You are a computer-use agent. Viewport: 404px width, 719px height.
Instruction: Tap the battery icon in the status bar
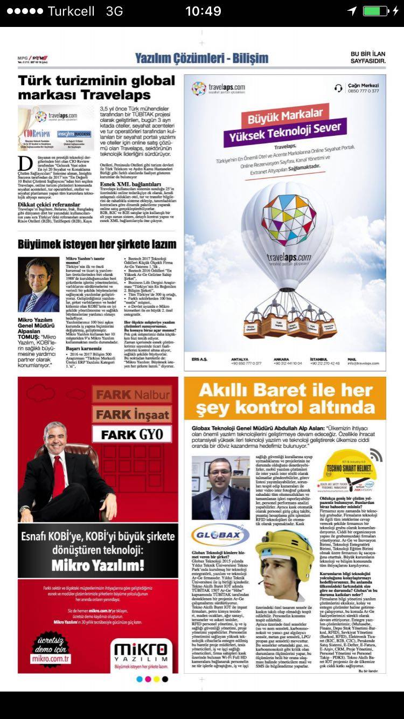(x=375, y=11)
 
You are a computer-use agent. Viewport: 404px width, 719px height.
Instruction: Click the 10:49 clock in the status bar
(x=203, y=11)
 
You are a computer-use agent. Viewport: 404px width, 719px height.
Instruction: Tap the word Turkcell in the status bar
(x=71, y=11)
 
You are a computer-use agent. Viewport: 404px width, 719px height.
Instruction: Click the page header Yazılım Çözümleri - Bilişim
(x=201, y=58)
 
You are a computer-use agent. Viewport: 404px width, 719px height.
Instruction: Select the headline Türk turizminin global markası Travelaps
(x=96, y=88)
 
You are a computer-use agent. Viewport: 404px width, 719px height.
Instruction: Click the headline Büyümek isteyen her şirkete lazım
(x=97, y=244)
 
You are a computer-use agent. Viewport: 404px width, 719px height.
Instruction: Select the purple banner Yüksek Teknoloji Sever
(x=285, y=131)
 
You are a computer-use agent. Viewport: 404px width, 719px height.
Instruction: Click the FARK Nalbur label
(x=133, y=395)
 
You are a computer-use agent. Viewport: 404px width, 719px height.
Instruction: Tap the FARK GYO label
(x=132, y=434)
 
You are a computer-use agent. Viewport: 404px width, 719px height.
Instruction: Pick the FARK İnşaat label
(x=133, y=414)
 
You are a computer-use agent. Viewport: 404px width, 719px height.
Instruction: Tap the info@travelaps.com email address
(x=366, y=363)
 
